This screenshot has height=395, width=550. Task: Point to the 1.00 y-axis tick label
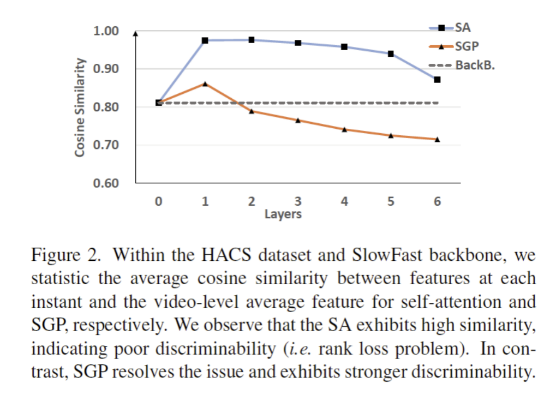pyautogui.click(x=107, y=31)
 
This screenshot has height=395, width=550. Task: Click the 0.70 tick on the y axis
pyautogui.click(x=107, y=145)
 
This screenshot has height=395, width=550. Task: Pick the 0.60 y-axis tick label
pyautogui.click(x=107, y=183)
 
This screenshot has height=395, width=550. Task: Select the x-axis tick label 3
pyautogui.click(x=298, y=201)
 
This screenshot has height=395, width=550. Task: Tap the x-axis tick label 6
pyautogui.click(x=437, y=201)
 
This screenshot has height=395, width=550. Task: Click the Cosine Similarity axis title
pyautogui.click(x=80, y=107)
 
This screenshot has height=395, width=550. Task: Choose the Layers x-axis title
pyautogui.click(x=283, y=214)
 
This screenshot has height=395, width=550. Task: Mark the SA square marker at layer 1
pyautogui.click(x=205, y=40)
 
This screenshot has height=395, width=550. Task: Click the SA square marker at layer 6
pyautogui.click(x=437, y=80)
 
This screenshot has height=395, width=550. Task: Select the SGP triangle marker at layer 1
pyautogui.click(x=205, y=83)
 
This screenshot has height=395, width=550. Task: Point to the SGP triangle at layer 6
pyautogui.click(x=437, y=139)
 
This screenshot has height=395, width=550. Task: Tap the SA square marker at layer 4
pyautogui.click(x=344, y=47)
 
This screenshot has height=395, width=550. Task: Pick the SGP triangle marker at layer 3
pyautogui.click(x=298, y=120)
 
